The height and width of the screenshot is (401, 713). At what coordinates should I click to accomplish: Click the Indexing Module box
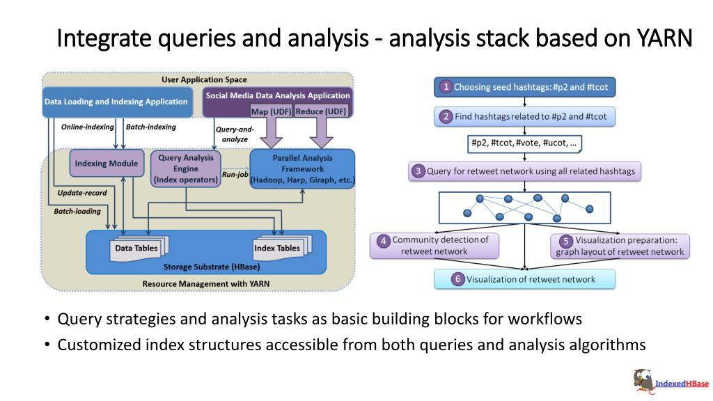pyautogui.click(x=107, y=163)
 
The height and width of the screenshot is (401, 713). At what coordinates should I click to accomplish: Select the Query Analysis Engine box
pyautogui.click(x=185, y=168)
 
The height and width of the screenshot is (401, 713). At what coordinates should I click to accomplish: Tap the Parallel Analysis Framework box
pyautogui.click(x=302, y=168)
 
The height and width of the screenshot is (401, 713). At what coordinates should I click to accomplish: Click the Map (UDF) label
pyautogui.click(x=271, y=111)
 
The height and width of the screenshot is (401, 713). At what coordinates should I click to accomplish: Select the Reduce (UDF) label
pyautogui.click(x=321, y=111)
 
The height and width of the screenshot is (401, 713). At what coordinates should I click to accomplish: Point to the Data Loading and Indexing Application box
pyautogui.click(x=117, y=102)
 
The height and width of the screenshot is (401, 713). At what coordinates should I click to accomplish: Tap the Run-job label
pyautogui.click(x=235, y=174)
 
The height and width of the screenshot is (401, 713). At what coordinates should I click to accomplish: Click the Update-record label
pyautogui.click(x=82, y=193)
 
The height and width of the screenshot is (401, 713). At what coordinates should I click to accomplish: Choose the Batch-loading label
pyautogui.click(x=77, y=211)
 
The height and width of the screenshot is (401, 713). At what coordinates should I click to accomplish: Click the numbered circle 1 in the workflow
pyautogui.click(x=446, y=87)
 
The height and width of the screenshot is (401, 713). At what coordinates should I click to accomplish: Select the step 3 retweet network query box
pyautogui.click(x=525, y=171)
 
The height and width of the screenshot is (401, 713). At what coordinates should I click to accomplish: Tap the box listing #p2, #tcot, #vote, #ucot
pyautogui.click(x=524, y=143)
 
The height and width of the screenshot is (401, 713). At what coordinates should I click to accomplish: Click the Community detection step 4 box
pyautogui.click(x=434, y=246)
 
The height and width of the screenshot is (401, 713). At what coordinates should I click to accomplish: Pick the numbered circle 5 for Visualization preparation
pyautogui.click(x=565, y=240)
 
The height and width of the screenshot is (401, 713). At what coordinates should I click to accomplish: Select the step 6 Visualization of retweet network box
pyautogui.click(x=525, y=279)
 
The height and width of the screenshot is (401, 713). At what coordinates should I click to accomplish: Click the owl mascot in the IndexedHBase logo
pyautogui.click(x=643, y=380)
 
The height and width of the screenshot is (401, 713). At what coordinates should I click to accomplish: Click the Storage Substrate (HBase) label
pyautogui.click(x=212, y=267)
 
